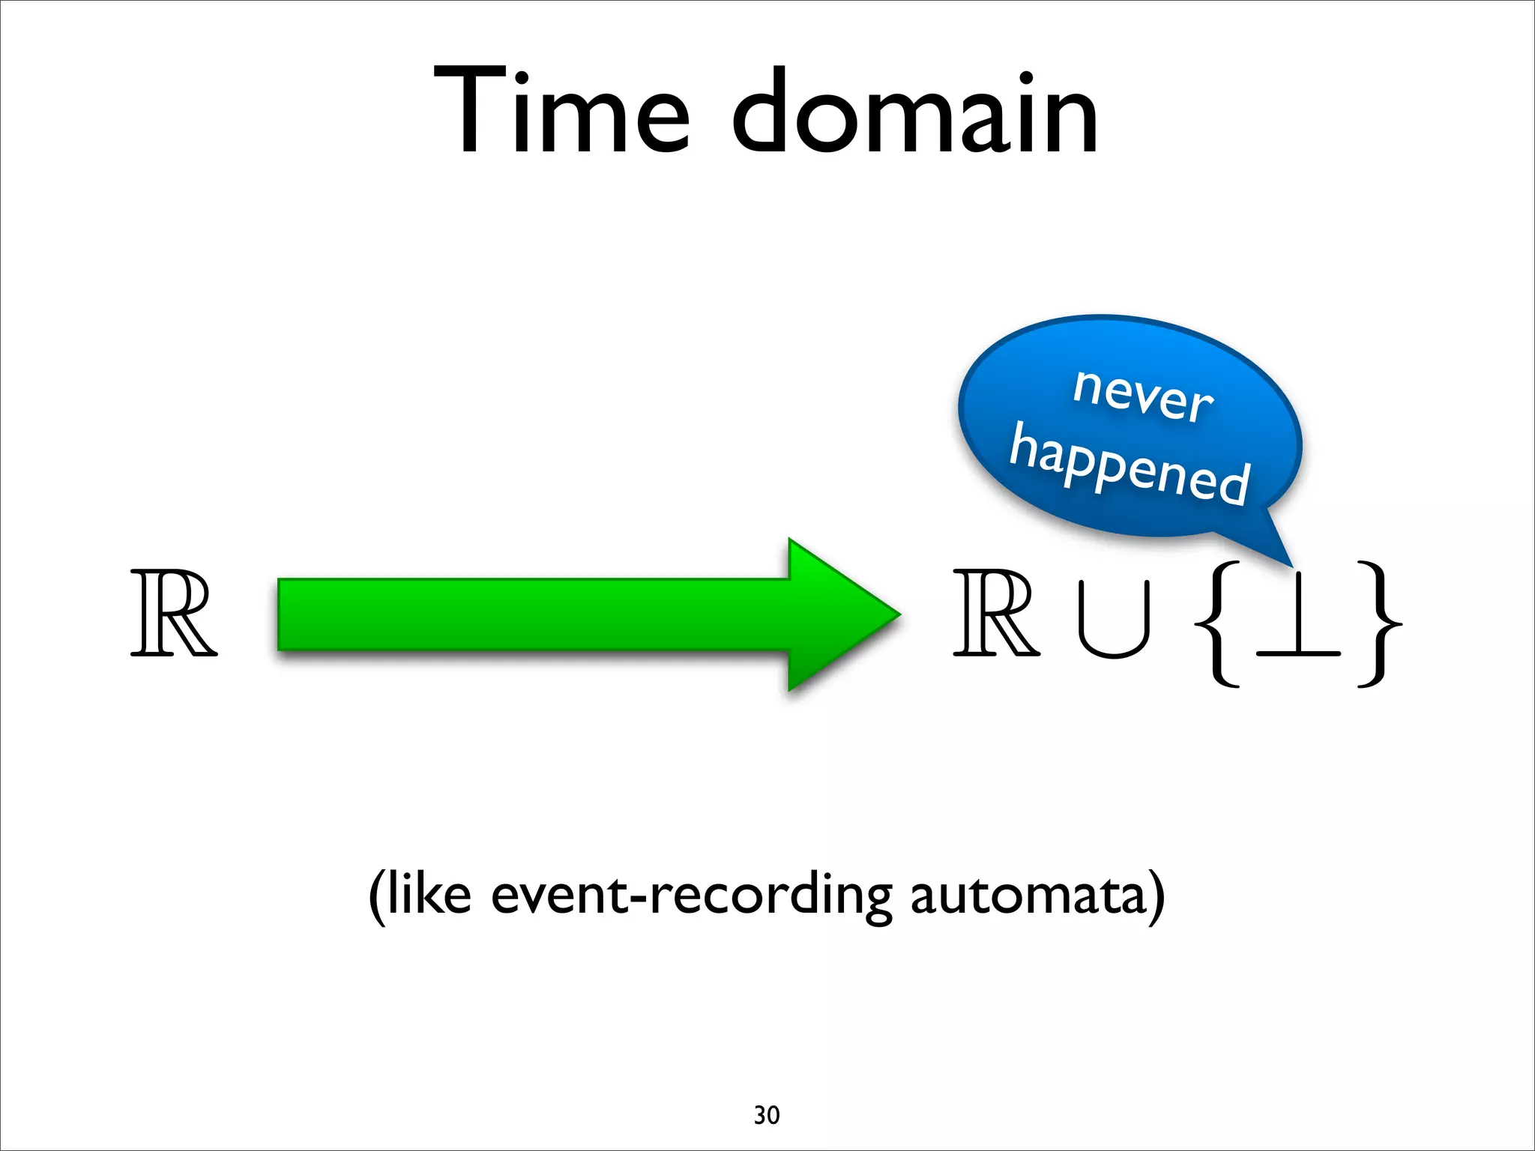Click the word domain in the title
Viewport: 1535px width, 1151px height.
914,112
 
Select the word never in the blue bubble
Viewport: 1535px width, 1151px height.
1142,396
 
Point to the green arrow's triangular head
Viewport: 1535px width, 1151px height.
839,614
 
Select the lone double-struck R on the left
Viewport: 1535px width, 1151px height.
174,614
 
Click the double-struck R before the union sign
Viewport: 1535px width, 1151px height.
996,614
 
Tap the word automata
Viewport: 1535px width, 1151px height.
1028,895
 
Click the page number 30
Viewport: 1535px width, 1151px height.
767,1115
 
